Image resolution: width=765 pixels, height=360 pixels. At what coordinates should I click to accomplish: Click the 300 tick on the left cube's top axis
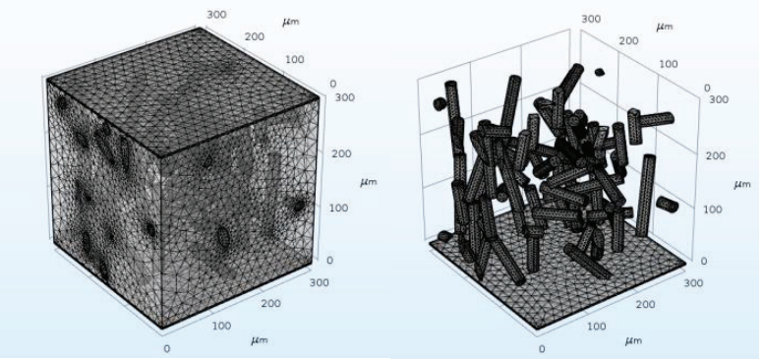point(216,15)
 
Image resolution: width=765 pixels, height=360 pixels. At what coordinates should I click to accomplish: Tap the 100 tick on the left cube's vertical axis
point(336,209)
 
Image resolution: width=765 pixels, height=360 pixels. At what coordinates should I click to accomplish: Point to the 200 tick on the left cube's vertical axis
point(337,154)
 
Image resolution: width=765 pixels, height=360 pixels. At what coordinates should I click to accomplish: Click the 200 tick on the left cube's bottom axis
point(270,304)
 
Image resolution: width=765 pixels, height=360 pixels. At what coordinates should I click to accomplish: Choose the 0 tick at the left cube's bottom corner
point(167,348)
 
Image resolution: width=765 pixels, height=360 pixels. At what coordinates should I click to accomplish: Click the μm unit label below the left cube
point(259,340)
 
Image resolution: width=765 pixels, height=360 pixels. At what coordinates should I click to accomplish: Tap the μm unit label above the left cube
point(290,22)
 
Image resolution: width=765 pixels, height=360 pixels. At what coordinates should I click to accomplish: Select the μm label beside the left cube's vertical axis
point(369,182)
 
